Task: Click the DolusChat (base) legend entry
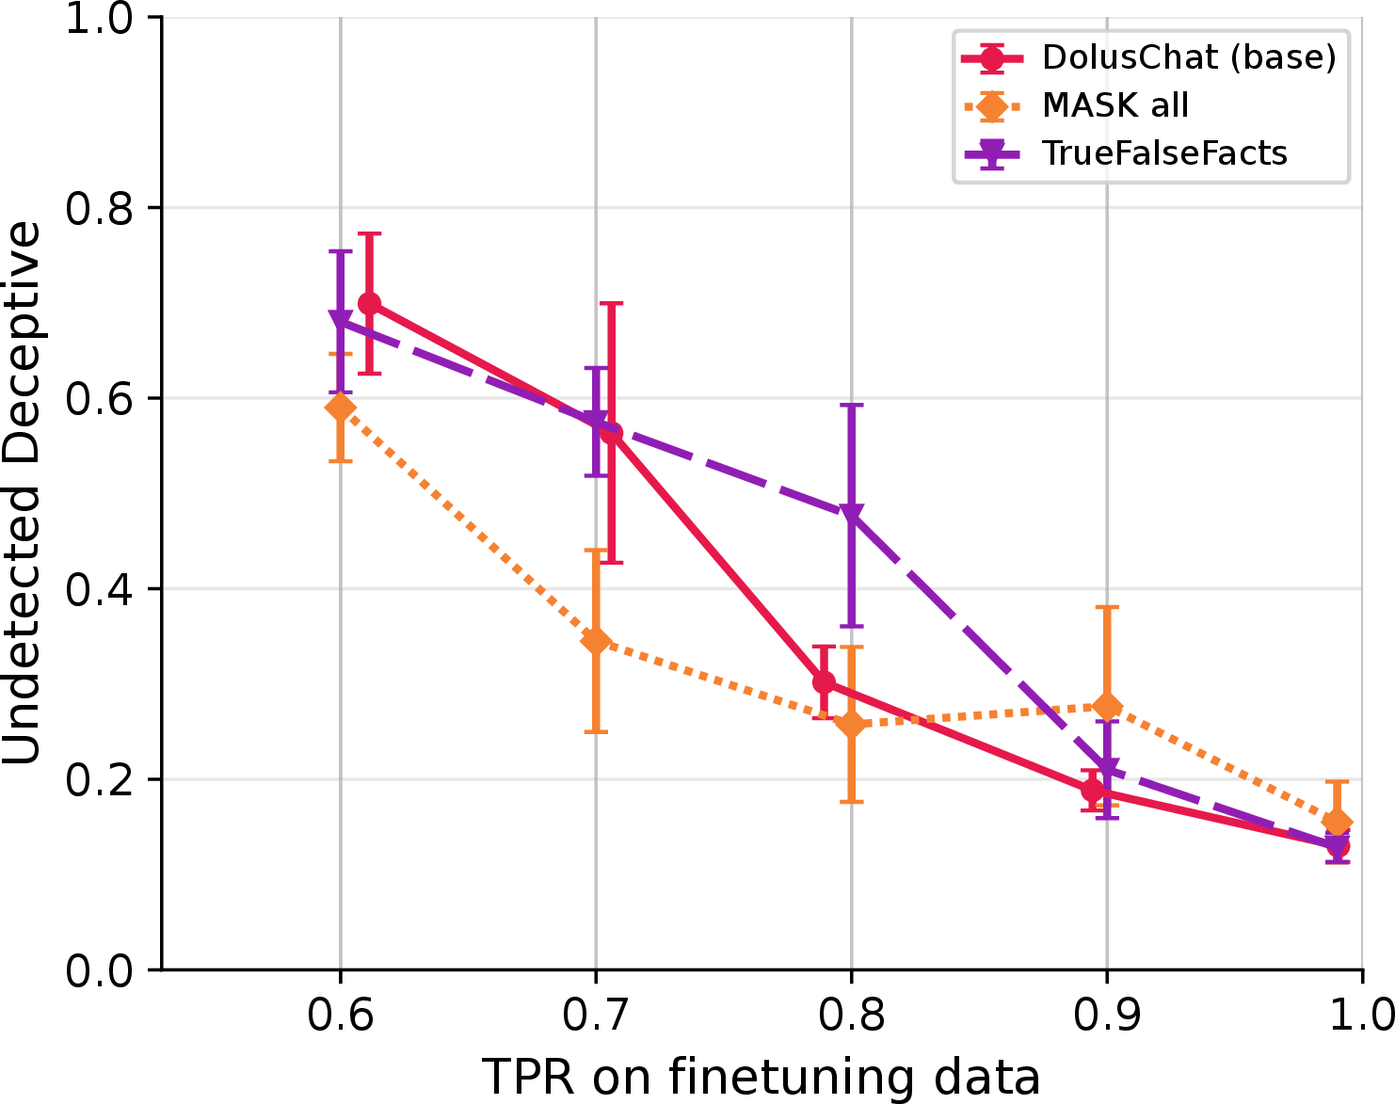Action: (1148, 57)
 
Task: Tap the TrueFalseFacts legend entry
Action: (1126, 153)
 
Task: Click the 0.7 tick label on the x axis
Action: (596, 1015)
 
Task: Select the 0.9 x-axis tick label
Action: (1107, 1015)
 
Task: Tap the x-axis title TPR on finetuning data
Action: (761, 1077)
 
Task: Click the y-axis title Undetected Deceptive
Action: (22, 493)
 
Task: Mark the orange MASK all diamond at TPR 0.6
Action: (341, 408)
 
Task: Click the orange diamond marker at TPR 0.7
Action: (596, 641)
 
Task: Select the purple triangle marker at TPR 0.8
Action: (851, 514)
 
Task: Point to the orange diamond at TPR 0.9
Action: (1107, 706)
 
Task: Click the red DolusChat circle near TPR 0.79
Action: (824, 682)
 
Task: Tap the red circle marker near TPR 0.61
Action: (370, 303)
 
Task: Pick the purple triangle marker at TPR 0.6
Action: (341, 320)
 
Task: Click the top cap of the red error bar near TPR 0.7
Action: (611, 303)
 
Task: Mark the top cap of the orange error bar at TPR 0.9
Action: (1107, 607)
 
